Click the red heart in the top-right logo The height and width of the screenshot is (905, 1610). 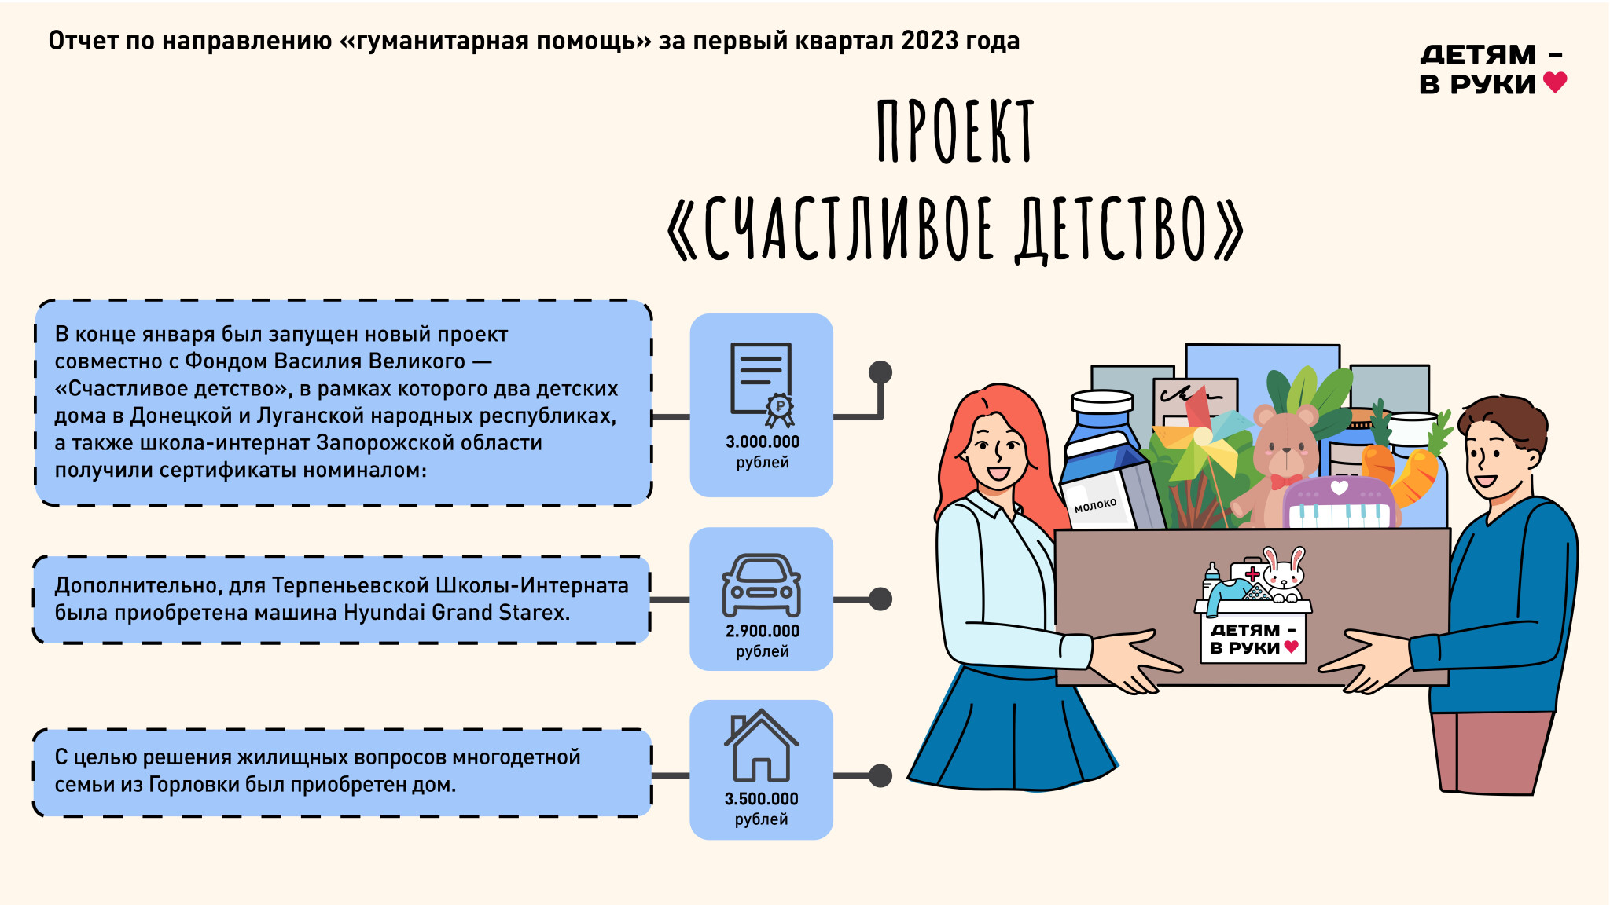click(x=1555, y=82)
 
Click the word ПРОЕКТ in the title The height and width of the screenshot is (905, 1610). click(x=955, y=131)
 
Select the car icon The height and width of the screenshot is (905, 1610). click(x=762, y=585)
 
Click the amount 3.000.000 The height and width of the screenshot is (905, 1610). click(x=763, y=442)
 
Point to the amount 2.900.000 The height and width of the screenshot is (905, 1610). click(x=763, y=631)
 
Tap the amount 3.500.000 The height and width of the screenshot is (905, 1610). click(x=762, y=799)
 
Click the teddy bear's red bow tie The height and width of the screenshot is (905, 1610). click(x=1286, y=481)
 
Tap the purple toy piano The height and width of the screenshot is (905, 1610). click(x=1340, y=503)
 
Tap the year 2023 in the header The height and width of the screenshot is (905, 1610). click(x=930, y=41)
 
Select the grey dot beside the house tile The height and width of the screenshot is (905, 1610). click(x=880, y=775)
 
